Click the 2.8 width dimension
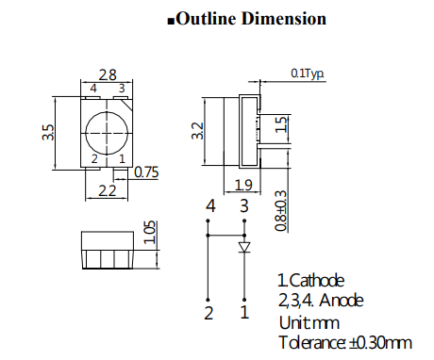pos(109,75)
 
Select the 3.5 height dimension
pos(47,131)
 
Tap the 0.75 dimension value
pos(146,172)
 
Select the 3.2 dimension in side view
pos(197,131)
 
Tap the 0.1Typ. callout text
pos(308,73)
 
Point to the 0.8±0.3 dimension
pos(280,208)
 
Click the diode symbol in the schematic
pos(244,247)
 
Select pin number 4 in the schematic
pos(210,205)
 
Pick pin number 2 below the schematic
pos(209,311)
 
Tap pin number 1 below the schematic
pos(244,311)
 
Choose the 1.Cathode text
pos(310,281)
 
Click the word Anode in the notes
pos(341,301)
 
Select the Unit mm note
pos(301,321)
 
